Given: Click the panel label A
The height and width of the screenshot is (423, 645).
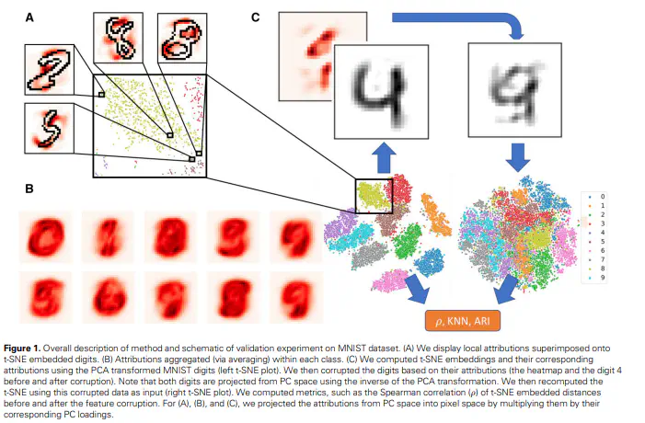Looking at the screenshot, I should tap(30, 17).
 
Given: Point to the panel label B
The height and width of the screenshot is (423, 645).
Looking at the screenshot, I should tap(30, 189).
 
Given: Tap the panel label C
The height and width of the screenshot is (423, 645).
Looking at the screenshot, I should tap(255, 17).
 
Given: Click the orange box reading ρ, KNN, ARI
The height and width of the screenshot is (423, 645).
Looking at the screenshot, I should tap(463, 321).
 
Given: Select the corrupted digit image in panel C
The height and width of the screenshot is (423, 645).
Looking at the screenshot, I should tap(507, 86).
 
